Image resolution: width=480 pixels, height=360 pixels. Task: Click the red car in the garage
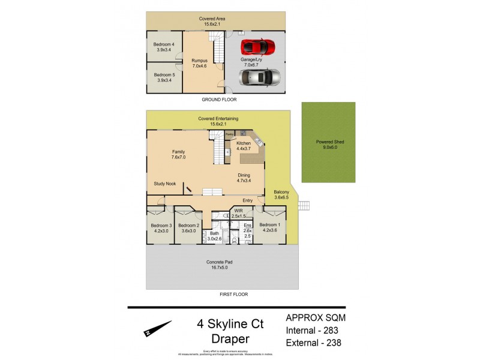(x=259, y=46)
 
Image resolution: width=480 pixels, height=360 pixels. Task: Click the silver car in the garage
(x=259, y=77)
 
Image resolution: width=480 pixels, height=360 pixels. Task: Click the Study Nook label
(x=165, y=184)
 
